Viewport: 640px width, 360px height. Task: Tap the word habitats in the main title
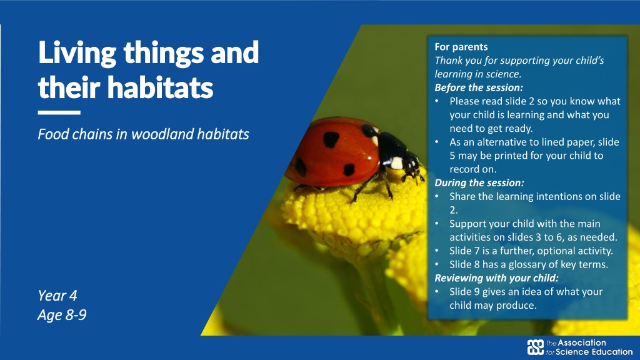pos(160,87)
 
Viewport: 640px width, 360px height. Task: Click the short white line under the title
pos(59,112)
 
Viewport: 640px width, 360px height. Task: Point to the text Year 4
pos(57,296)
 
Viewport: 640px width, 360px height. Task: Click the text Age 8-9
pos(62,315)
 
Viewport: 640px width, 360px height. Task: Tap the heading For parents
pos(461,47)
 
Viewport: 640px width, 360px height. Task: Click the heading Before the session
pos(479,87)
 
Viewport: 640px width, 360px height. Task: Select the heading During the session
pos(479,182)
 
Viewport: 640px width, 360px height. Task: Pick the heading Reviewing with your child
pos(496,278)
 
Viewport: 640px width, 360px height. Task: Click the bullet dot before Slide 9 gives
pos(437,292)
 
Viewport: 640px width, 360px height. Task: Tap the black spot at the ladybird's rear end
pos(301,167)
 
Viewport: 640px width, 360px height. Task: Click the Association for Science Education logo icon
pos(536,347)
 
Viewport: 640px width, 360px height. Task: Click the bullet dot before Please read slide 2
pos(437,101)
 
